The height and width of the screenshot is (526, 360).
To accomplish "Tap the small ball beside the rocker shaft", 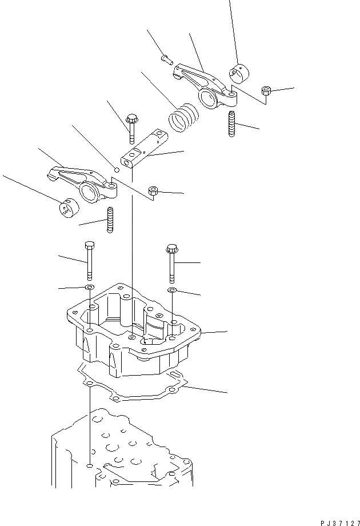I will [117, 169].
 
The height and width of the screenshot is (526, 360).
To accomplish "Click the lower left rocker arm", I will [83, 183].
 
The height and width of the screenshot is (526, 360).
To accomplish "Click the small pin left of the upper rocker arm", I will [166, 58].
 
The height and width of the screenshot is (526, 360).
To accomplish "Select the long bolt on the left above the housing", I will [88, 260].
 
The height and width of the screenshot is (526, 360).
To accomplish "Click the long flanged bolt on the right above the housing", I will [172, 263].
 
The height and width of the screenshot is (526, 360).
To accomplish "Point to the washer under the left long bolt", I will [89, 286].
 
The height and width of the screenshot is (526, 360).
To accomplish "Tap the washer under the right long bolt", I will [172, 291].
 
